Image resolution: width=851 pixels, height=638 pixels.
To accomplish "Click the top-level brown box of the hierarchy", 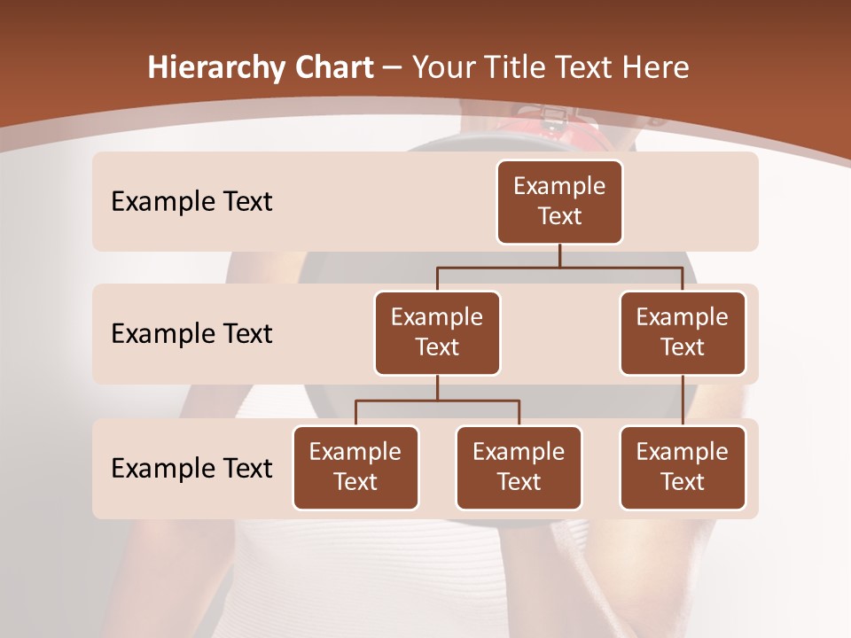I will coord(559,202).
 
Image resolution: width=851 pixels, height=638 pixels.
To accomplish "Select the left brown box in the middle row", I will coord(437,333).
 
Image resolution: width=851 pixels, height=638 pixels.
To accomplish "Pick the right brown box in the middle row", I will coord(683,333).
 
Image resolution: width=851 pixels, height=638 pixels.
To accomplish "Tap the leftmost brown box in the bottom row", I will coord(355,468).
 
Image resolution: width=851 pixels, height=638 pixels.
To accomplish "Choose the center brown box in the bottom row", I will coord(519,468).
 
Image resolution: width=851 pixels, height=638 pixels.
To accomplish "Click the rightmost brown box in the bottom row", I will coord(683,468).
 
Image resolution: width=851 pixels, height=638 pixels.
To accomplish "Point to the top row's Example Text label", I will coord(191,202).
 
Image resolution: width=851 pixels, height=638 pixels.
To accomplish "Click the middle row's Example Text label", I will coord(191,334).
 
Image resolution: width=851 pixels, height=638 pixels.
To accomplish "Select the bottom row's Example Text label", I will coord(191,469).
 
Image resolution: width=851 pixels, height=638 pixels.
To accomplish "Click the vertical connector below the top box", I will coord(559,255).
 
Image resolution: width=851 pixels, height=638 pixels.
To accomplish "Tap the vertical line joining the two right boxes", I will coord(683,401).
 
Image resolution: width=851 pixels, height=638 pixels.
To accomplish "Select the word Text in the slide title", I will coord(588,68).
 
